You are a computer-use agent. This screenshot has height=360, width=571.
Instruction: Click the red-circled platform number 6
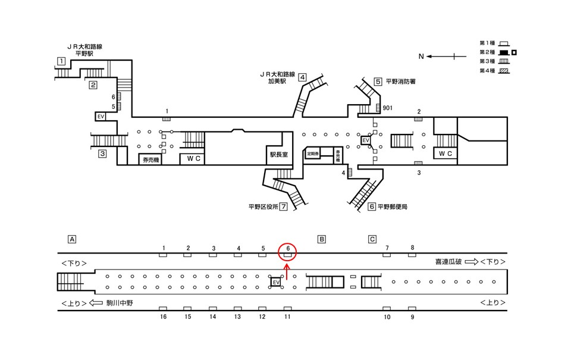pos(287,248)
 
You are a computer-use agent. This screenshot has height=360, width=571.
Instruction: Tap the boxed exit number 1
pos(61,61)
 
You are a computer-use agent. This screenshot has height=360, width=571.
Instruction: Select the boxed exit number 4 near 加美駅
pos(302,77)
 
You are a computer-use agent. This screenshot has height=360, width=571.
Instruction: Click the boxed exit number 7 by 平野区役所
pos(284,207)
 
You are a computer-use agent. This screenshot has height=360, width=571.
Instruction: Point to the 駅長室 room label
pos(277,154)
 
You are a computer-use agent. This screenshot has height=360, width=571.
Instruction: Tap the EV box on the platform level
pos(275,281)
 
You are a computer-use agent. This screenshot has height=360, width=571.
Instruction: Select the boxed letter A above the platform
pos(72,239)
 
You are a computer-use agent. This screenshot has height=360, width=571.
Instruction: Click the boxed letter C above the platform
pos(372,239)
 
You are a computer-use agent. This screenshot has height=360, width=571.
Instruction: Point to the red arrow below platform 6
pos(287,272)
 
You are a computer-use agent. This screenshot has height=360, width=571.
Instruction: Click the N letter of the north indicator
pos(421,57)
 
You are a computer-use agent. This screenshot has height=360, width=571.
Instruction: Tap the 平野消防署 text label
pos(400,82)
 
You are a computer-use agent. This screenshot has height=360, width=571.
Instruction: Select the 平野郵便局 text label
pos(393,207)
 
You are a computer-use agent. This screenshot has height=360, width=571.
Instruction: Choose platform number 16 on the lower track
pos(163,317)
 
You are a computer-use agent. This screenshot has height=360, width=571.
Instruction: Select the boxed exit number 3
pos(102,154)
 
